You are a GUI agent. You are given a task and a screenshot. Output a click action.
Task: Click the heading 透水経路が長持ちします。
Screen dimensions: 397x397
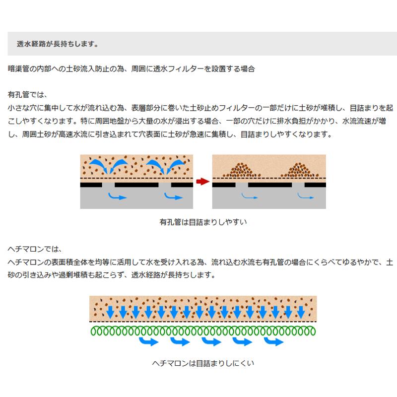58,44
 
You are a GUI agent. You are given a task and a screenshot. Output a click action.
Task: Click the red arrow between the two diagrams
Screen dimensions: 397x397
202,181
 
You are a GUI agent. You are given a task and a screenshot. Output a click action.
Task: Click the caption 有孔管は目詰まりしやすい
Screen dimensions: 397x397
203,222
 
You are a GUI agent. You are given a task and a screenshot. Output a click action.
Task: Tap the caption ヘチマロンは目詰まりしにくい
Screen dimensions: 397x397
203,363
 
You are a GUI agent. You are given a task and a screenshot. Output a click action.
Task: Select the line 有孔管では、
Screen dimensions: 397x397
28,95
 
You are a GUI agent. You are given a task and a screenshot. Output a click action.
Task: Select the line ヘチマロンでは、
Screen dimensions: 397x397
35,249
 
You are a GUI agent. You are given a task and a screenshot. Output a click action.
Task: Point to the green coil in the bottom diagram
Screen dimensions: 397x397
203,331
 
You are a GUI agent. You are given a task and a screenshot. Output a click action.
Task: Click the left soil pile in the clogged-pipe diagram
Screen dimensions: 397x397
242,170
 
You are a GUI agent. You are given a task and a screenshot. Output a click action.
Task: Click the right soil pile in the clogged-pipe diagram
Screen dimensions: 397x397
300,170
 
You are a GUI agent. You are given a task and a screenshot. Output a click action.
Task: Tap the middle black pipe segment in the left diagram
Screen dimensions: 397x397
136,185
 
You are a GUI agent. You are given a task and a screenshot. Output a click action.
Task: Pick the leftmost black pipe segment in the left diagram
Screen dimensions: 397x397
91,185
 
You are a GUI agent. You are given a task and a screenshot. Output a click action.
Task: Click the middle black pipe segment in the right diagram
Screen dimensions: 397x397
270,185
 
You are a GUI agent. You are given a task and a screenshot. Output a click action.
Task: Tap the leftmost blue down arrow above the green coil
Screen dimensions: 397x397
110,312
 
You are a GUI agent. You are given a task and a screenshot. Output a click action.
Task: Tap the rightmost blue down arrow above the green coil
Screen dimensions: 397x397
301,312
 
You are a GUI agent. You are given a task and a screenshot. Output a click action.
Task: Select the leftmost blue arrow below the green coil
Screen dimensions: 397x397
149,341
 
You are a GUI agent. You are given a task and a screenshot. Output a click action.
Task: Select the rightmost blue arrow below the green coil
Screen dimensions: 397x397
274,341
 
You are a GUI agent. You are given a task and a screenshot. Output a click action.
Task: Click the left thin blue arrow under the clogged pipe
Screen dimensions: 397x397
250,196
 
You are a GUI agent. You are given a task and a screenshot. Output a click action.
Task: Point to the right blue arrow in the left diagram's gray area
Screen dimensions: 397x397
173,196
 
